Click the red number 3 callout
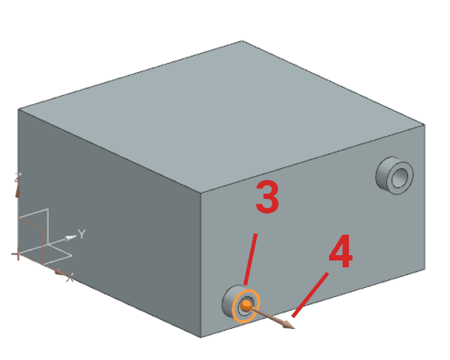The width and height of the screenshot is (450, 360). pyautogui.click(x=268, y=197)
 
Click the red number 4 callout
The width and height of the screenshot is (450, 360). pyautogui.click(x=341, y=251)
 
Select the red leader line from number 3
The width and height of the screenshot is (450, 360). pyautogui.click(x=250, y=259)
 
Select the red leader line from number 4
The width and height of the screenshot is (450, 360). pyautogui.click(x=310, y=295)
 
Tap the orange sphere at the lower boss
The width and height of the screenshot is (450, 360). pyautogui.click(x=246, y=305)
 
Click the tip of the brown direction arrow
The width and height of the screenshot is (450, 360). pyautogui.click(x=295, y=329)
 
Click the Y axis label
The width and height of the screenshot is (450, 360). pyautogui.click(x=82, y=234)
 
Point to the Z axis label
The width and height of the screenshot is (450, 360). pyautogui.click(x=18, y=178)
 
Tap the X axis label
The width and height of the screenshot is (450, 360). pyautogui.click(x=70, y=277)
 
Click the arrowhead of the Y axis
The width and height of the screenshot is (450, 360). pyautogui.click(x=71, y=238)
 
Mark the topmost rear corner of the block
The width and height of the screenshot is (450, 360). pyautogui.click(x=242, y=41)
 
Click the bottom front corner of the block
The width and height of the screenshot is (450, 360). pyautogui.click(x=201, y=338)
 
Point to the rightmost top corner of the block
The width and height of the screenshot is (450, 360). pyautogui.click(x=425, y=125)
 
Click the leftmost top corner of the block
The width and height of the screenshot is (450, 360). pyautogui.click(x=18, y=109)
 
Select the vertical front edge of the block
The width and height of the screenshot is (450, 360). pyautogui.click(x=201, y=265)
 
